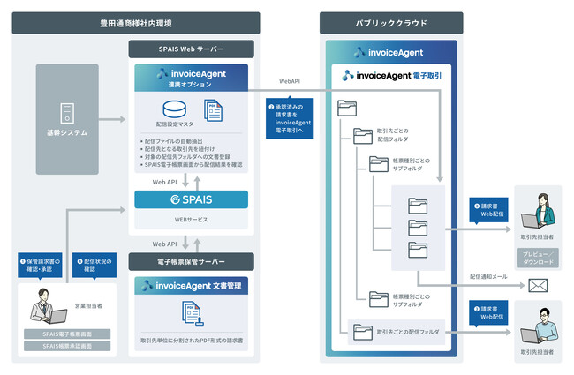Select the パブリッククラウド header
pyautogui.click(x=392, y=21)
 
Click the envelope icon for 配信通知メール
pyautogui.click(x=537, y=285)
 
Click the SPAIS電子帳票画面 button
pyautogui.click(x=68, y=334)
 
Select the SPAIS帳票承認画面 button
pyautogui.click(x=68, y=349)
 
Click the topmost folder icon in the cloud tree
pyautogui.click(x=347, y=109)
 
